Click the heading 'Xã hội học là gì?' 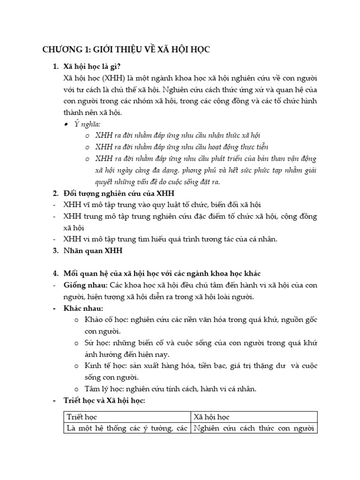click(94, 66)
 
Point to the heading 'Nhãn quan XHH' click(92, 250)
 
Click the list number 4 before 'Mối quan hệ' click(55, 273)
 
